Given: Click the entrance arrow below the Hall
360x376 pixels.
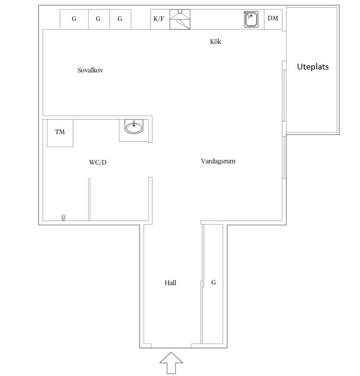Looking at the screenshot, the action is [x=171, y=363].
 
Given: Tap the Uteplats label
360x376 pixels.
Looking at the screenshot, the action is [x=313, y=67].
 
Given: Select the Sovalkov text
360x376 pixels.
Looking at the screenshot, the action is [x=90, y=70].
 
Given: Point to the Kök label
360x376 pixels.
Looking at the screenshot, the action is [x=215, y=41].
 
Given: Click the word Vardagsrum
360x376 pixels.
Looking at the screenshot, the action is [x=218, y=161].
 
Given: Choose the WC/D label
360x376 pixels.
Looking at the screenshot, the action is [x=97, y=162].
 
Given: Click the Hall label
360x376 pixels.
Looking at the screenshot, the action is [x=170, y=283].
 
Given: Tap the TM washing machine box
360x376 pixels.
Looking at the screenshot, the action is [x=60, y=133].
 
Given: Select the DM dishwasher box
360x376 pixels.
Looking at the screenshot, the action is [x=273, y=19].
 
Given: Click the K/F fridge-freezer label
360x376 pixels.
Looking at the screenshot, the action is [x=159, y=19].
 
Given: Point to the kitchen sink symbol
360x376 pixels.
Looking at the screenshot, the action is [x=251, y=19].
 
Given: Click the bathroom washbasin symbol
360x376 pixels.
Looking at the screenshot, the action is [x=134, y=127].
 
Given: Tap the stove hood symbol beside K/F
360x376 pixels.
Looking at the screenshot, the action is [x=180, y=19].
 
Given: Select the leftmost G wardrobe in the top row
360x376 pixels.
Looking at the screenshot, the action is [x=74, y=19].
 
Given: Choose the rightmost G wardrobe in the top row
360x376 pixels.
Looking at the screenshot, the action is [x=120, y=19].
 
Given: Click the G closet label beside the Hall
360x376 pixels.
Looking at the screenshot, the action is [x=214, y=282].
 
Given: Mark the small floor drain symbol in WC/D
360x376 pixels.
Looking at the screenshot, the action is [x=63, y=218].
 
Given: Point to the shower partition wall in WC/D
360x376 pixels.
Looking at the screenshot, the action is [x=89, y=199].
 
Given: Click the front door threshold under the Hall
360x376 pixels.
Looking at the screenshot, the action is [x=171, y=348].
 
